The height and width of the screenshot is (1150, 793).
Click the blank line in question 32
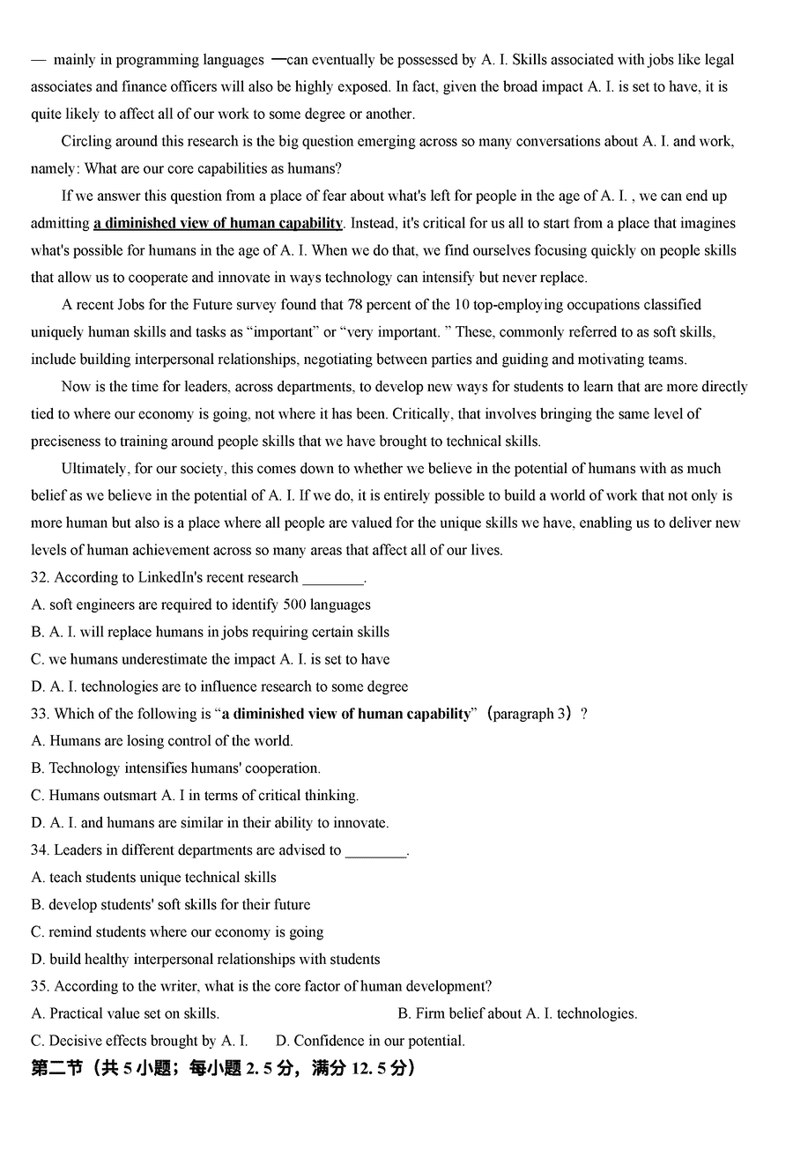[332, 579]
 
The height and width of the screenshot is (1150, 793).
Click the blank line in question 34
[375, 851]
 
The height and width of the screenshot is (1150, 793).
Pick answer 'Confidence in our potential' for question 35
[370, 1041]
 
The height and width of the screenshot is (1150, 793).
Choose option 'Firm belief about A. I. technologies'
[517, 1013]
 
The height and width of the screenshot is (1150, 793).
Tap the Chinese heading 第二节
[56, 1068]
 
